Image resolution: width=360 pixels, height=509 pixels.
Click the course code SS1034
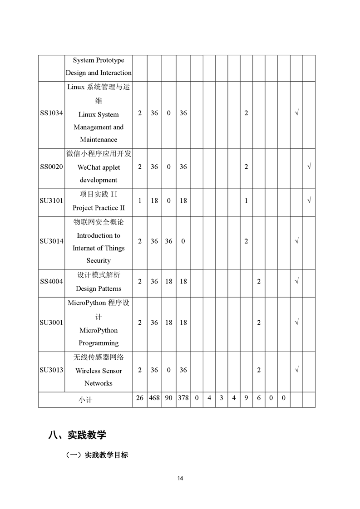coord(51,113)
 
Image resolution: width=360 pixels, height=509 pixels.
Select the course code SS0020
coord(51,167)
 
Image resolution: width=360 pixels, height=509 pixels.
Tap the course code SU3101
coord(51,201)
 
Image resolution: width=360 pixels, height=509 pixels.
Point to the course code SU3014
coord(51,241)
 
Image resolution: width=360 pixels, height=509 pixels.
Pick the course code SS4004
coord(51,282)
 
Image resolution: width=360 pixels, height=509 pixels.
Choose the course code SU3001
coord(51,323)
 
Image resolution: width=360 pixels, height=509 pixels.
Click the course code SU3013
coord(51,370)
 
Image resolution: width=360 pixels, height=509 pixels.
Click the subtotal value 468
coord(154,398)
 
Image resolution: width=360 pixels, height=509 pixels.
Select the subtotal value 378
coord(183,398)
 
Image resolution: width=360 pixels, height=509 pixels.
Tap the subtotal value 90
coord(168,398)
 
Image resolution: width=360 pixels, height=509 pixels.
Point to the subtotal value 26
coord(140,398)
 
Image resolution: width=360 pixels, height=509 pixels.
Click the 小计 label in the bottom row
coord(85,400)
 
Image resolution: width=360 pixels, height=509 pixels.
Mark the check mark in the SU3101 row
coord(309,201)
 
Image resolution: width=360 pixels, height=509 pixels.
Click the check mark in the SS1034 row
coord(296,113)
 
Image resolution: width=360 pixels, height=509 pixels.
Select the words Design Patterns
coord(99,289)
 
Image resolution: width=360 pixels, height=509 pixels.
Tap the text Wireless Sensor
coord(99,371)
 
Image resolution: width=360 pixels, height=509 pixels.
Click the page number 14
coord(180,478)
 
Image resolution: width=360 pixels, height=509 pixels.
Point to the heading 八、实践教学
coord(77,435)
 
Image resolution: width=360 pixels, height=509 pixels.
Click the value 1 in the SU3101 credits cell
coord(140,201)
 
